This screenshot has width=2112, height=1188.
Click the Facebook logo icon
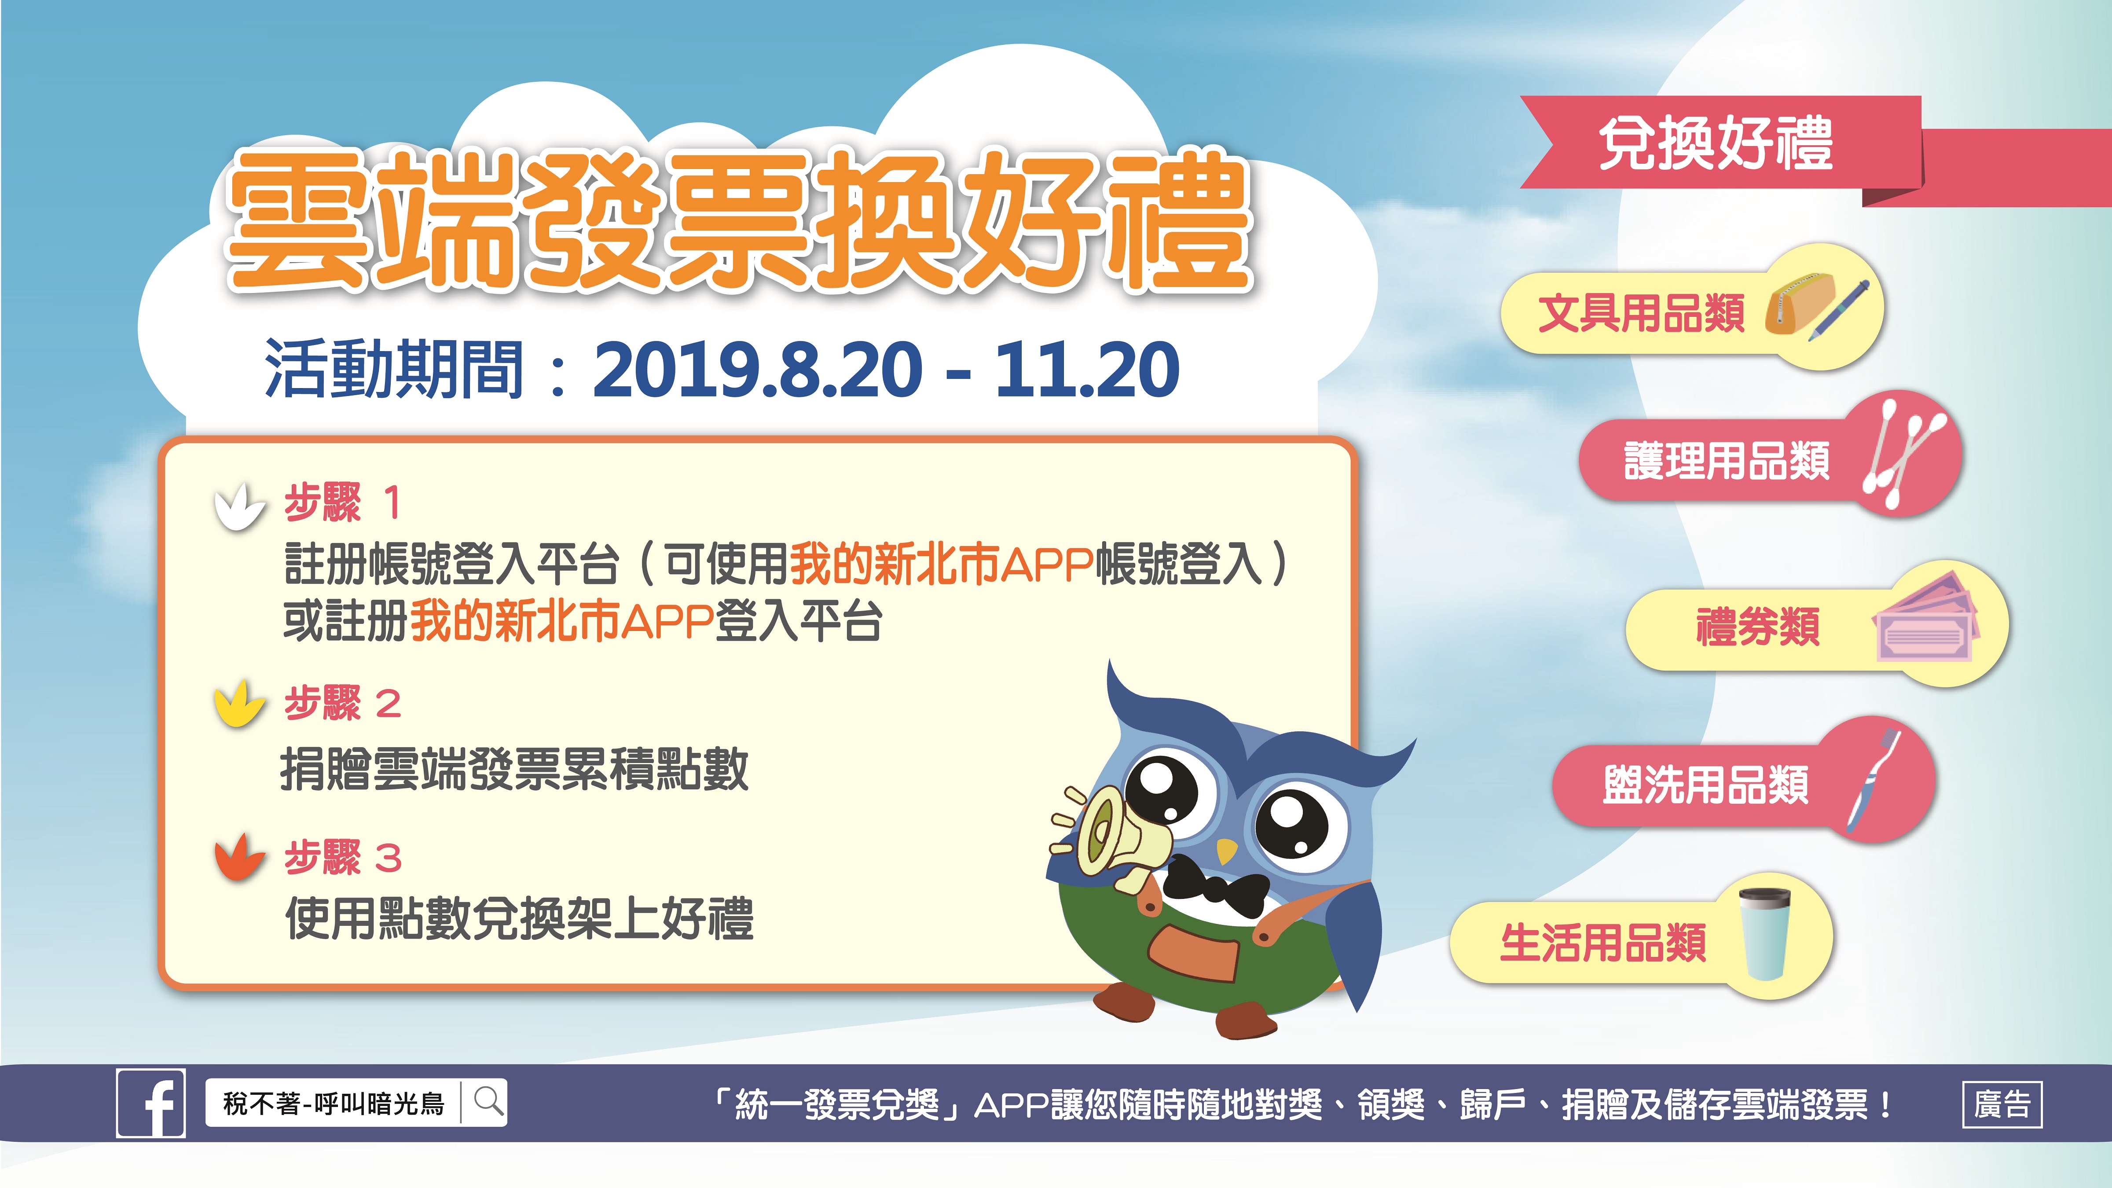point(151,1104)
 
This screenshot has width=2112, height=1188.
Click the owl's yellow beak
point(1226,850)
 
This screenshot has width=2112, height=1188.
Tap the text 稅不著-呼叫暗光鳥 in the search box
point(334,1104)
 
